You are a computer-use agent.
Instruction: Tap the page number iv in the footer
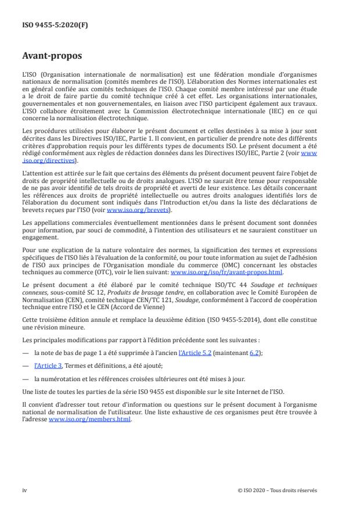click(24, 490)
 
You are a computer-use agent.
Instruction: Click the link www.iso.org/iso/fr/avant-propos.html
click(226, 272)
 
